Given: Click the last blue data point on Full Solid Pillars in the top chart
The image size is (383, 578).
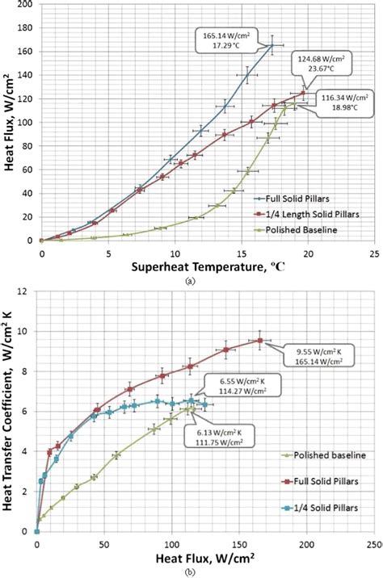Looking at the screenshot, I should point(272,45).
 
